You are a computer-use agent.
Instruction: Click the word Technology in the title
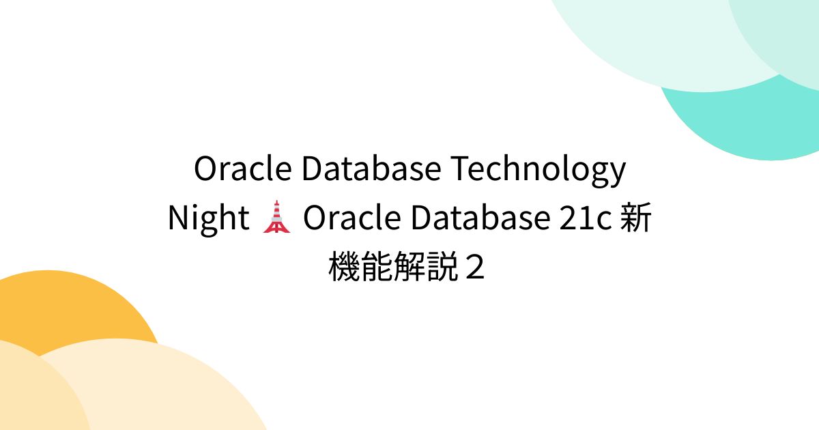point(536,170)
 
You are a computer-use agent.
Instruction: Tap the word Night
point(208,219)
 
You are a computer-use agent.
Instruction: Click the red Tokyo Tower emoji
point(276,218)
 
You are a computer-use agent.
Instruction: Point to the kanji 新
point(635,219)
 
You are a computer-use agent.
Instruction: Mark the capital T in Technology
point(456,169)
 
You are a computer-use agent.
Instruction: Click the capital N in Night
point(177,219)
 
